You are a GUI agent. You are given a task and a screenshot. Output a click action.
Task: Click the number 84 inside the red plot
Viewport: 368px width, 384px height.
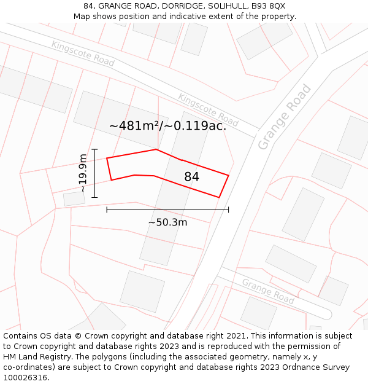[x=191, y=177]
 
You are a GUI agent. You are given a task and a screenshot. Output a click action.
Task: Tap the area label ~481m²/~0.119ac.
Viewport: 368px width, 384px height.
[x=167, y=126]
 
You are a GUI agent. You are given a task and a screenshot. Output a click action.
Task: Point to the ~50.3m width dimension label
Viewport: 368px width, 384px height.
[x=167, y=222]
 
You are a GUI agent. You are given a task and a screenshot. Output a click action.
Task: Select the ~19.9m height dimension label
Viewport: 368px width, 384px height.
[x=83, y=173]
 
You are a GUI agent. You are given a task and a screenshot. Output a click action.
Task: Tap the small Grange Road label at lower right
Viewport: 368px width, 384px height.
[x=267, y=291]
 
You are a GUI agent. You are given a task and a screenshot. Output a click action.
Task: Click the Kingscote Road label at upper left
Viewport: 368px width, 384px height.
[x=83, y=53]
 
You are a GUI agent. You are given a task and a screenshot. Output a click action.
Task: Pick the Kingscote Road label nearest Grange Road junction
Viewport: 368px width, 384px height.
[x=208, y=110]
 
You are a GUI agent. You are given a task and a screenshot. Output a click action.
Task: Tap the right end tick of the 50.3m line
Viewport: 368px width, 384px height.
[x=228, y=210]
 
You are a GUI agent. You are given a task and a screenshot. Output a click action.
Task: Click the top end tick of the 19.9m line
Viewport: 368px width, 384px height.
[x=94, y=149]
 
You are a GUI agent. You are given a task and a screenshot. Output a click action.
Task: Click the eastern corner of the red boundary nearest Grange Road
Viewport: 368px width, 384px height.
[x=228, y=176]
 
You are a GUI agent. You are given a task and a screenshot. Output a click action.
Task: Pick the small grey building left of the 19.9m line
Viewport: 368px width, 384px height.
[x=74, y=199]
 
